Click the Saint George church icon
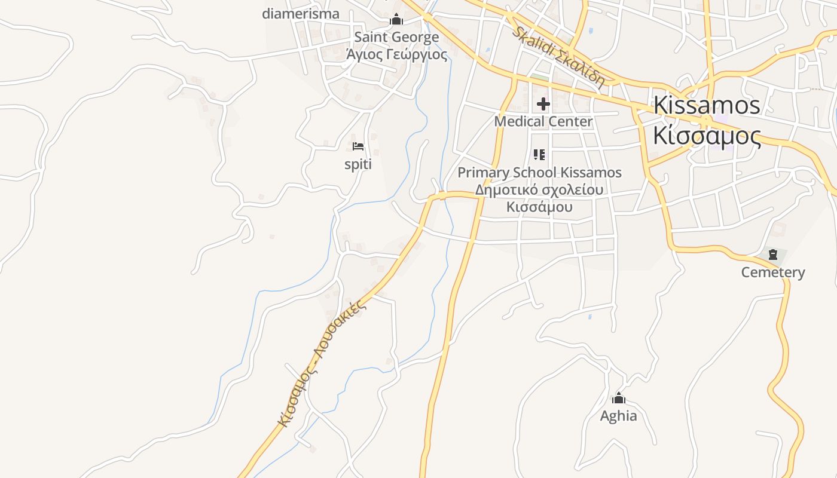click(396, 20)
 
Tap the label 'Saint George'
click(396, 37)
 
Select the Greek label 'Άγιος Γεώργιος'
click(396, 54)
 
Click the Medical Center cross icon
click(543, 105)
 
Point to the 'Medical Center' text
click(543, 121)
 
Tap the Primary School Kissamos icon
click(539, 155)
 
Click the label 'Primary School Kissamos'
click(539, 173)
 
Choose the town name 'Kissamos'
click(706, 105)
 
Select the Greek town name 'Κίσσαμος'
click(706, 136)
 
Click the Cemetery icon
click(773, 255)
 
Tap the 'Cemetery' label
click(773, 272)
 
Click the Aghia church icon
click(619, 399)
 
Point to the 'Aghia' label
click(618, 416)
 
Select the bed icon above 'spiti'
click(358, 146)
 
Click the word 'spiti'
click(358, 164)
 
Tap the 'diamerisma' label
click(301, 14)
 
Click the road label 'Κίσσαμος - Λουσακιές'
click(322, 362)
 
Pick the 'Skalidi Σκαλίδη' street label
click(558, 56)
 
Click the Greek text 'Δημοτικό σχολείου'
click(539, 190)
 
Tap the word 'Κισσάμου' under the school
click(539, 207)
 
